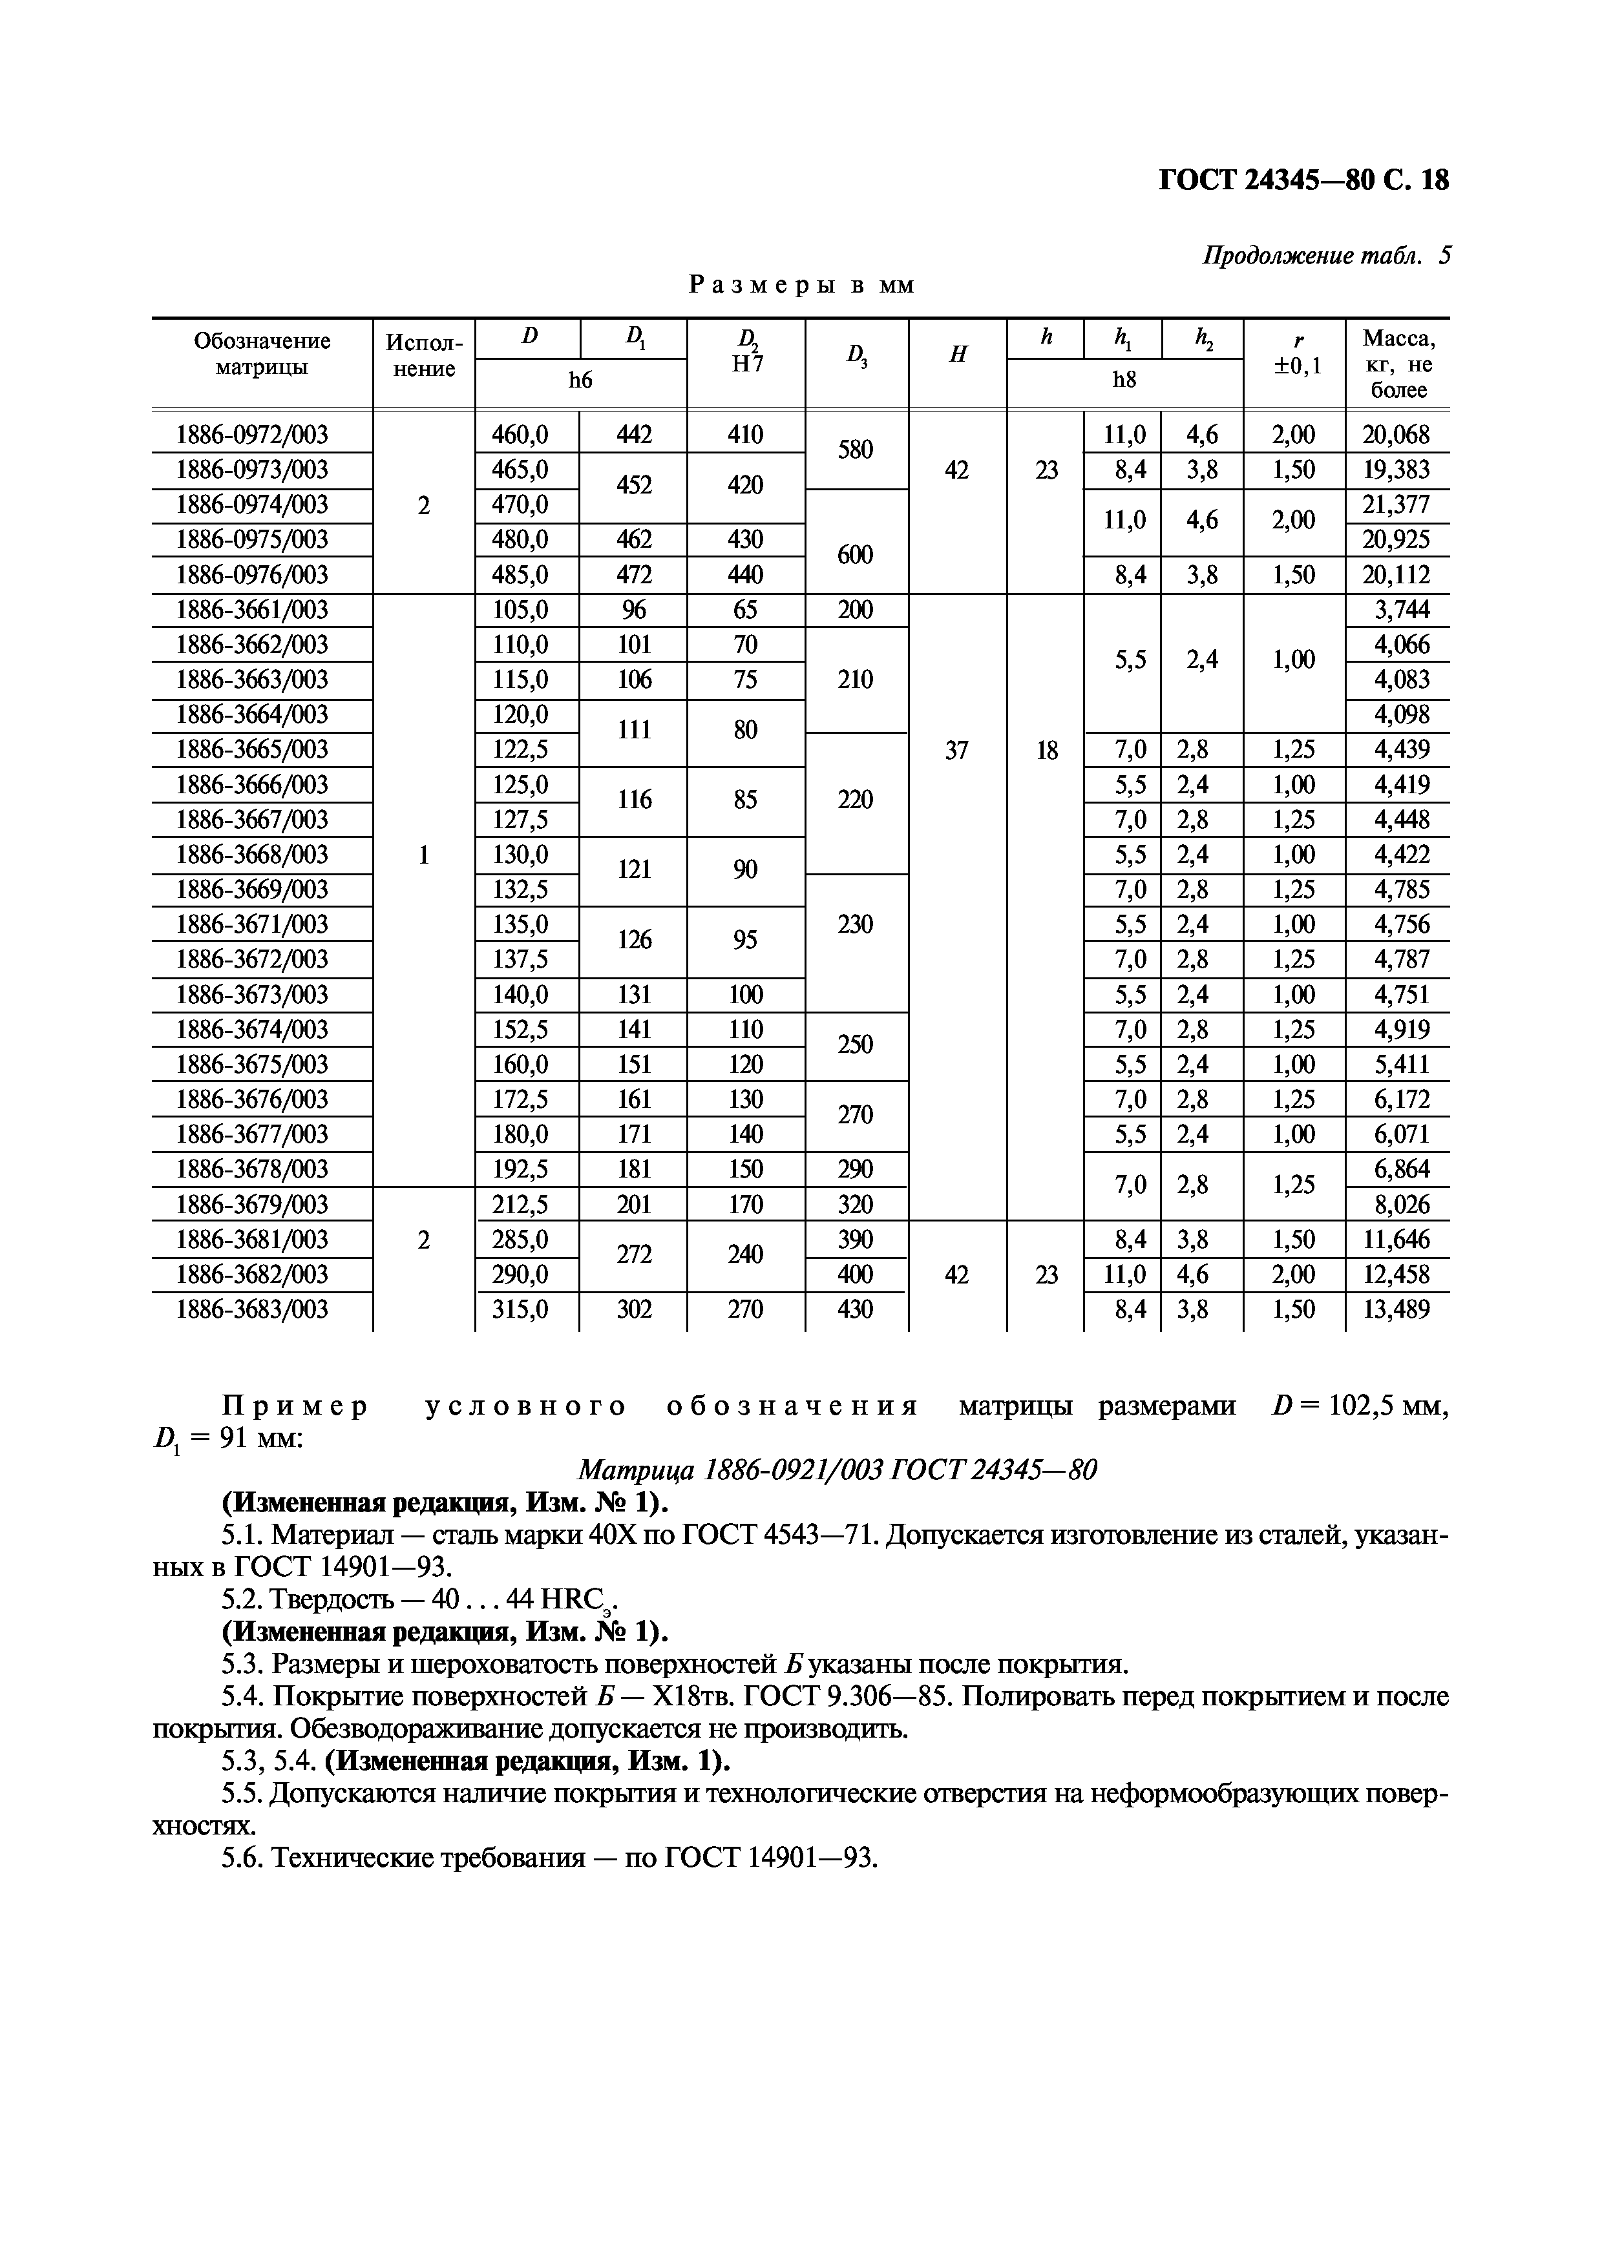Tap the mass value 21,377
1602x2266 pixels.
(1396, 504)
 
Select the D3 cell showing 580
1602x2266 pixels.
(855, 450)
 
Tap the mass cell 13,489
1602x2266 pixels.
(1396, 1309)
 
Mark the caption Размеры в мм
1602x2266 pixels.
(801, 286)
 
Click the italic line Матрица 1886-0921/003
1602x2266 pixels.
(837, 1471)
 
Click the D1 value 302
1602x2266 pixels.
(634, 1309)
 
